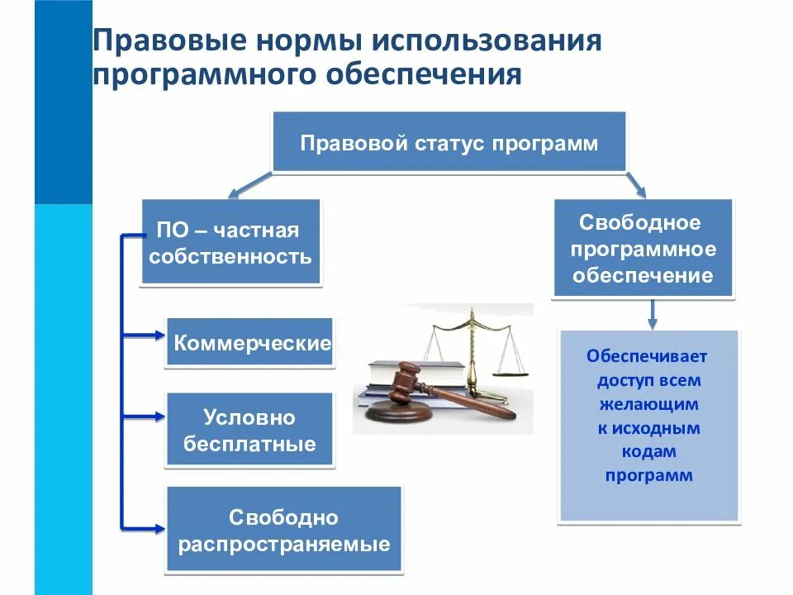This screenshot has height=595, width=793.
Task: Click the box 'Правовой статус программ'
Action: tap(449, 143)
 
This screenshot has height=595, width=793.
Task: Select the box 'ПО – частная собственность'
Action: tap(230, 242)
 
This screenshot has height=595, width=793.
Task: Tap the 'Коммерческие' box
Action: tap(251, 343)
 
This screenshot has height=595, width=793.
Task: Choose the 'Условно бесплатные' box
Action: tap(249, 431)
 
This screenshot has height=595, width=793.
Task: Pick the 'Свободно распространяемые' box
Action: tap(283, 531)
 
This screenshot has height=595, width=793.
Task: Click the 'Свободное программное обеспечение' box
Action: tap(641, 248)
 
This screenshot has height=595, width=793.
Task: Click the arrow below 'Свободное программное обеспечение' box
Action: tap(652, 313)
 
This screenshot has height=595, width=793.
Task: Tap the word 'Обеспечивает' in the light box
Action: tap(648, 357)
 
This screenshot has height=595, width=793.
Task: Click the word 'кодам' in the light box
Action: tap(648, 451)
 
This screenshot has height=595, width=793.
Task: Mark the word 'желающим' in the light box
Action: tap(648, 405)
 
